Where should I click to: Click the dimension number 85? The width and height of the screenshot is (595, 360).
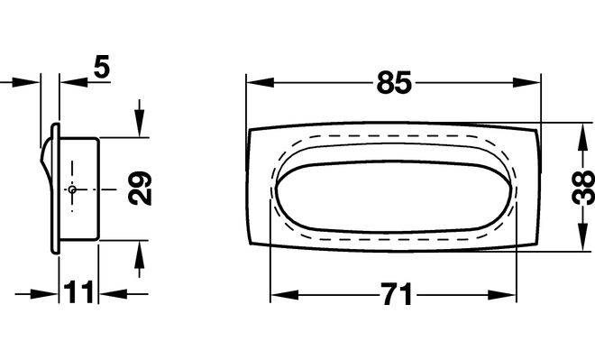(x=394, y=82)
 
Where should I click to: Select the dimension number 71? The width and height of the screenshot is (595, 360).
(x=396, y=294)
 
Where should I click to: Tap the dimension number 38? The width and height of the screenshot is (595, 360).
(x=583, y=188)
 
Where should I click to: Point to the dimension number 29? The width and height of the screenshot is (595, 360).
(x=140, y=189)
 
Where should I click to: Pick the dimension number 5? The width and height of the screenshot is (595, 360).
(x=102, y=67)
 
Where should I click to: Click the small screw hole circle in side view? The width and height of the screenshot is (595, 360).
(x=72, y=189)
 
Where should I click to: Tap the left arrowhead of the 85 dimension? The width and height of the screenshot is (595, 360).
(x=260, y=82)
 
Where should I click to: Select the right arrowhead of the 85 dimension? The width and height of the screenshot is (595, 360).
(x=526, y=82)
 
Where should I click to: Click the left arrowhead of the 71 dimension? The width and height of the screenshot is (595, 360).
(x=285, y=295)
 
